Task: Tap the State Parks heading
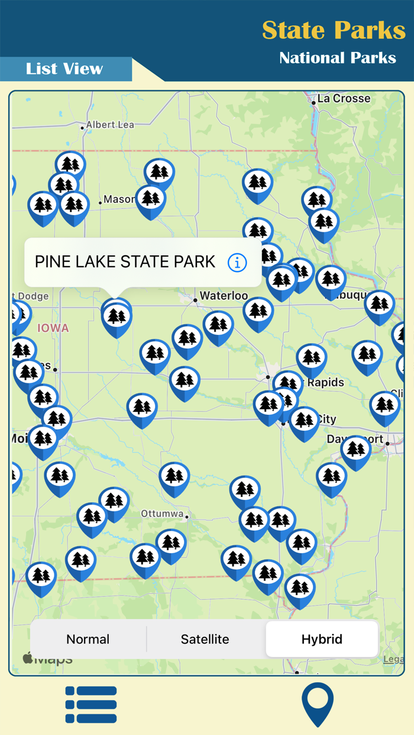coord(334,30)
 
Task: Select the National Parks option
coord(337,58)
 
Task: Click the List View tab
coord(64,69)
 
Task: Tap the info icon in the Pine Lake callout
coord(237,262)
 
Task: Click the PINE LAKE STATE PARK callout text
coord(125,262)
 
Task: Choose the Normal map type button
coord(88,639)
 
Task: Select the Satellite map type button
coord(205,639)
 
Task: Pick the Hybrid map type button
coord(322,639)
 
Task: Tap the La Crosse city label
coord(344,99)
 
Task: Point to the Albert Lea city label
coord(110,125)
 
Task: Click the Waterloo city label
coord(224,295)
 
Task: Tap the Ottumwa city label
coord(162,513)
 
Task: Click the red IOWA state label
coord(53,328)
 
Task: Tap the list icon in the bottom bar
coord(91,704)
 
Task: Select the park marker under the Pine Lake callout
coord(117,318)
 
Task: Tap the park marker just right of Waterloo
coord(258,312)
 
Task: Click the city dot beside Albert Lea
coord(82,128)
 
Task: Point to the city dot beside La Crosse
coord(313,103)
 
